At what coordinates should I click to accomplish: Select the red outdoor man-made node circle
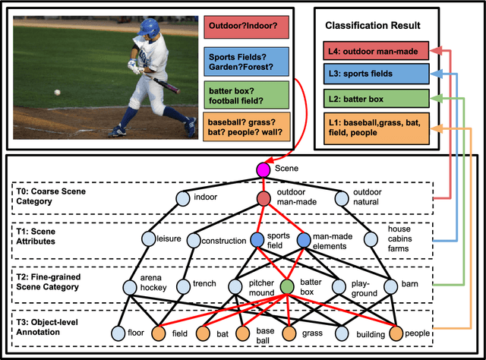point(262,198)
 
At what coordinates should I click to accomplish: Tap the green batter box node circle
point(286,287)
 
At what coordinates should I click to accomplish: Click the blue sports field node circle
point(257,240)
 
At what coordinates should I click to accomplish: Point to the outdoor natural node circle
point(341,198)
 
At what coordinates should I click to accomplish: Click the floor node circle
point(117,333)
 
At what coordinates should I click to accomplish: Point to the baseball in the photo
point(57,92)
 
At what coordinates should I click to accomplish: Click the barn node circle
point(390,287)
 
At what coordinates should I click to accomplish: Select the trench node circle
point(182,287)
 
